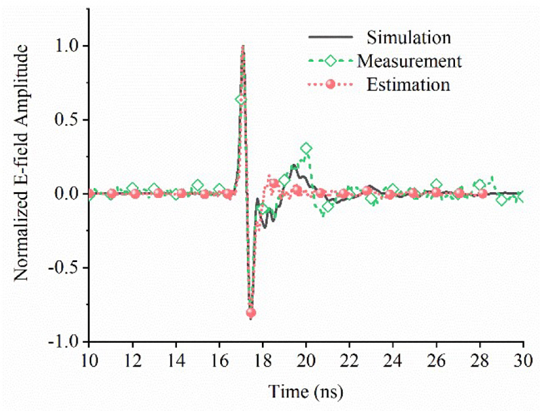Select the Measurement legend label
410,61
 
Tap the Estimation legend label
408,86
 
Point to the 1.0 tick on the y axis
70,46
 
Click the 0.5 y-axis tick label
70,120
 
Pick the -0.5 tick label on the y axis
67,267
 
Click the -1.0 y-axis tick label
67,342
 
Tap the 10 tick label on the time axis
88,357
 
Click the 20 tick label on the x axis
306,357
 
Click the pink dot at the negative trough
251,313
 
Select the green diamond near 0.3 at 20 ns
306,148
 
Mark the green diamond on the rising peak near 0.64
240,100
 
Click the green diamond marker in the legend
331,61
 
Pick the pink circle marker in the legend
331,86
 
